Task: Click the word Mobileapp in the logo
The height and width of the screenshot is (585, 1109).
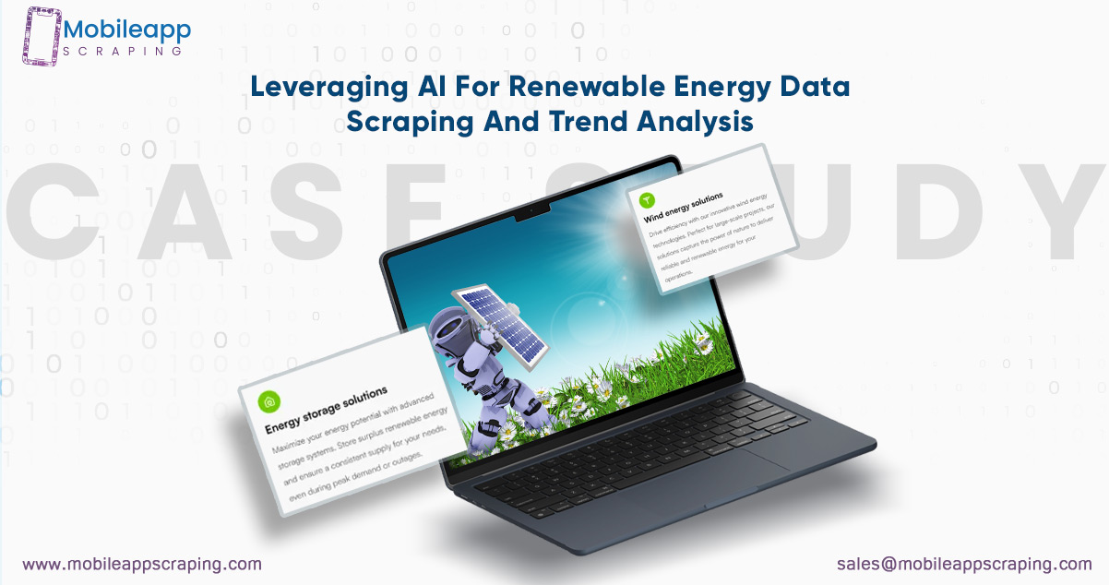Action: [x=126, y=30]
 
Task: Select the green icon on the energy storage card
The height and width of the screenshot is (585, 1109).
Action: [x=268, y=403]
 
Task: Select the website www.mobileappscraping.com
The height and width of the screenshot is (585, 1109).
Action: [x=142, y=563]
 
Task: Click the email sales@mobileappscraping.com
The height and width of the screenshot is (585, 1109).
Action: [x=964, y=563]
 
